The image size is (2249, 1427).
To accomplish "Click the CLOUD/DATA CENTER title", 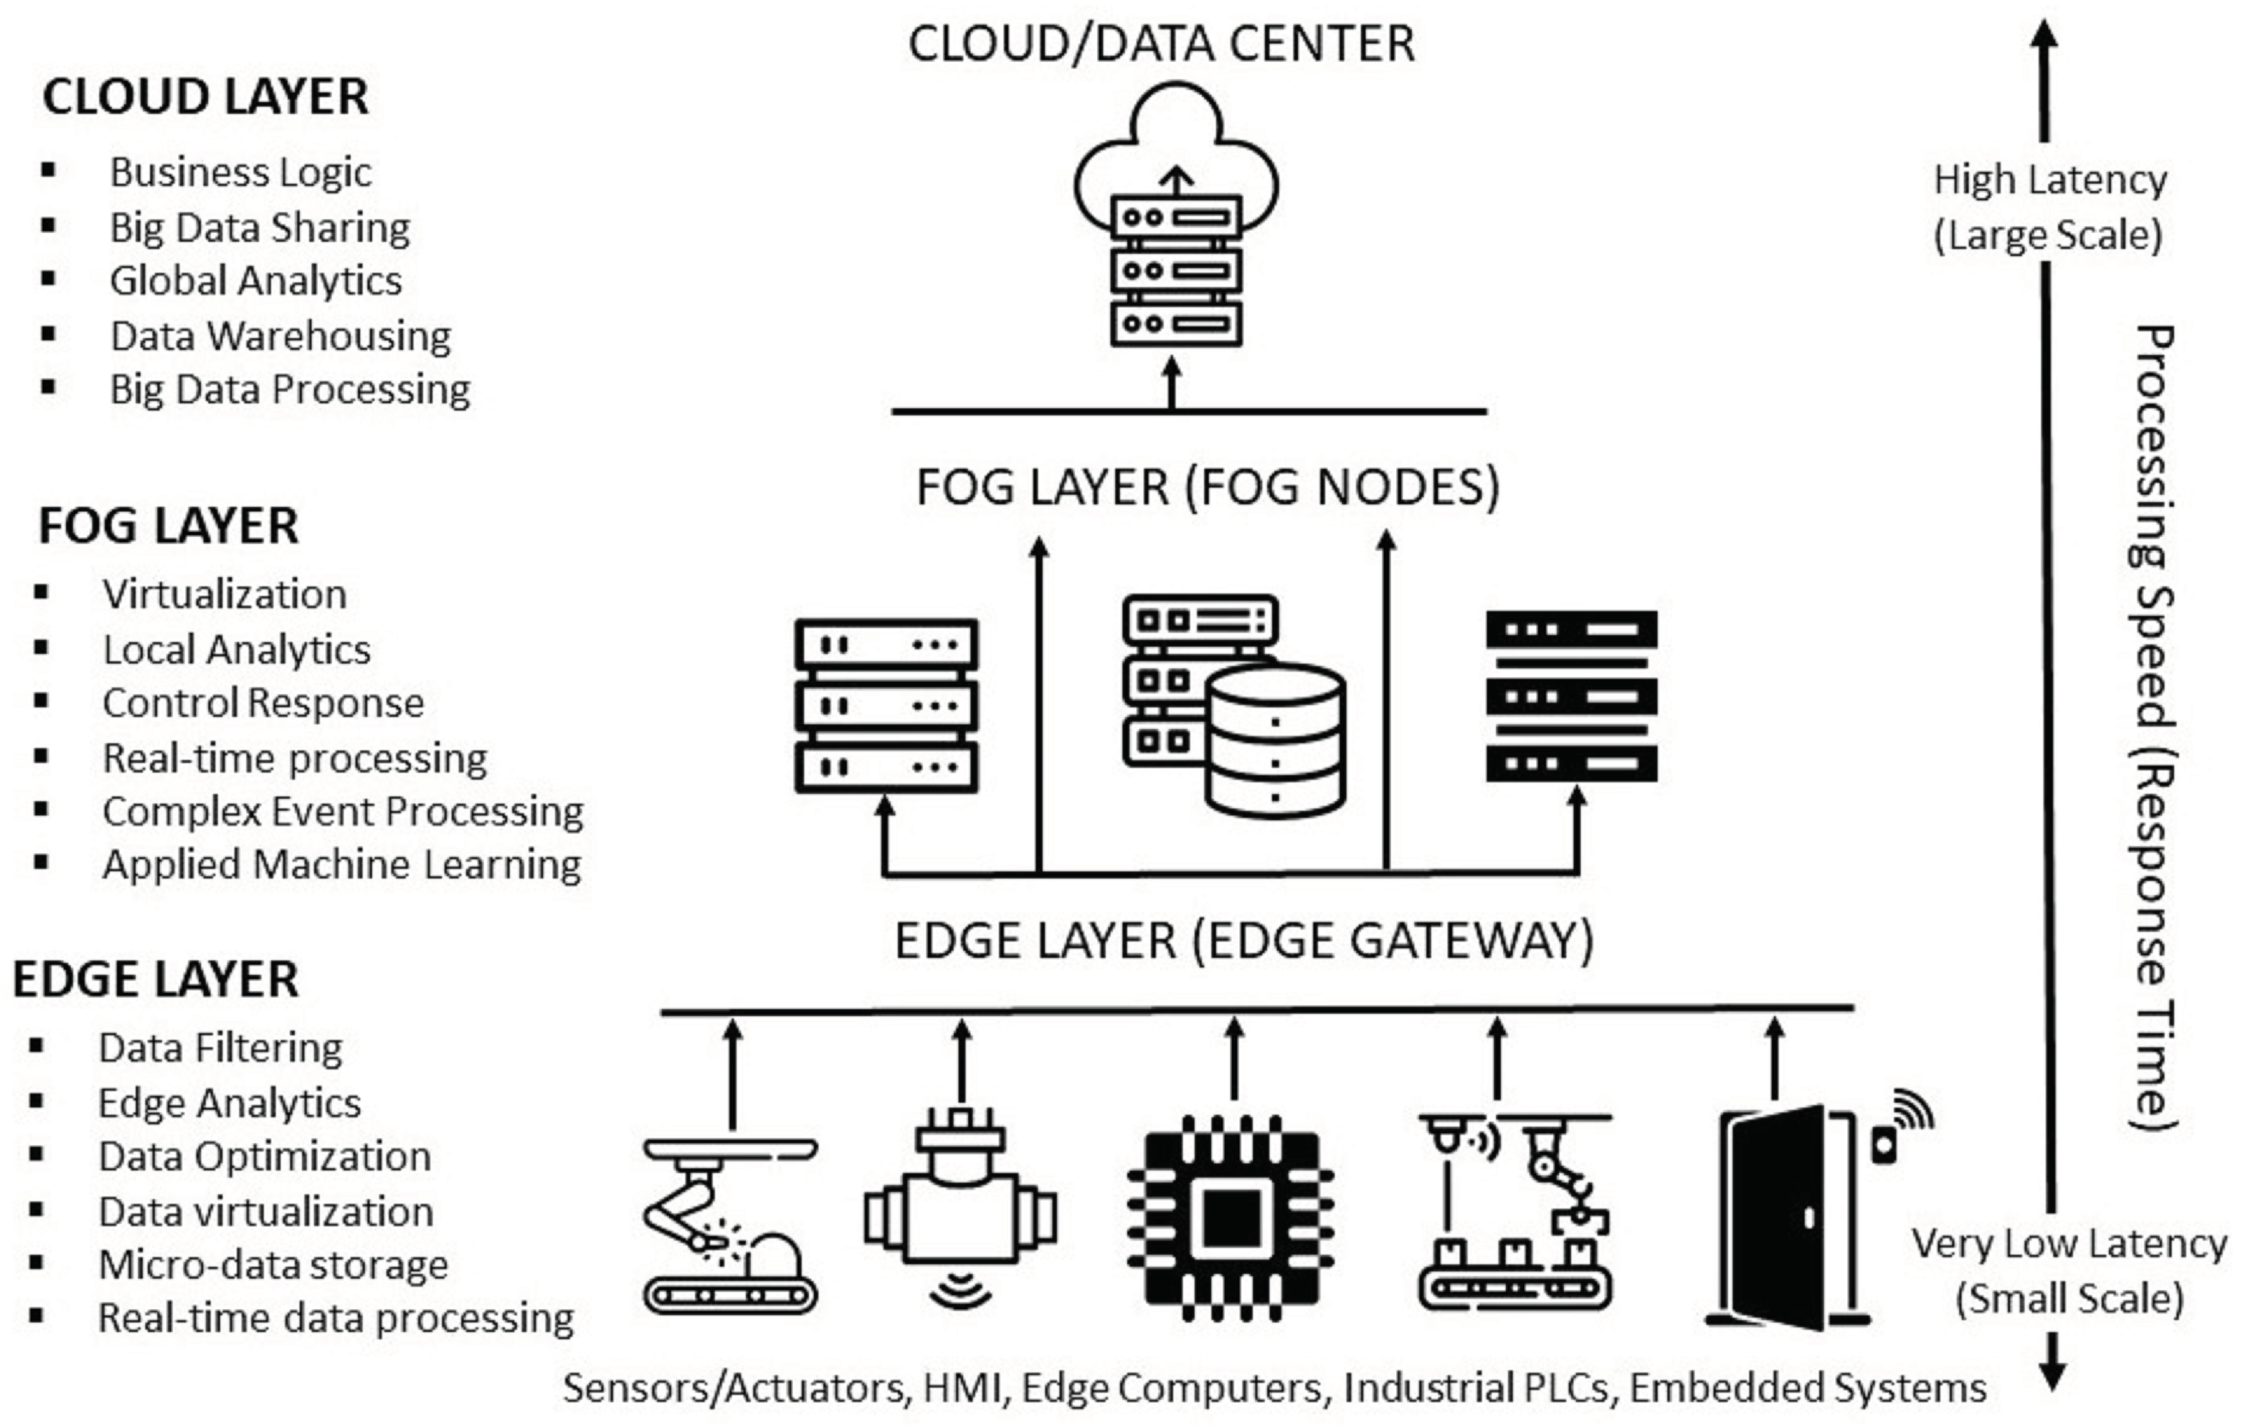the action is pos(1161,44).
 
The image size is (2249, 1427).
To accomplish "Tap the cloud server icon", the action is pos(1176,215).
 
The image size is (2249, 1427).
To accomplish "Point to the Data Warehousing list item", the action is pos(280,336).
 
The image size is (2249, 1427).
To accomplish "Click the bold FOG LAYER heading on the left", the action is pos(168,526).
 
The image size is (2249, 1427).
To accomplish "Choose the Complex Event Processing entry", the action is pos(343,812).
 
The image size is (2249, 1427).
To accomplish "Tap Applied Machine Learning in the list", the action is pos(342,865).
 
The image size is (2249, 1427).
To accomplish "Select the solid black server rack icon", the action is pos(1572,697).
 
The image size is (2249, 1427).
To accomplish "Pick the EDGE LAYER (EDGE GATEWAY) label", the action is pos(1244,941).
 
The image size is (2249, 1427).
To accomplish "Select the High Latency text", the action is pos(2050,180).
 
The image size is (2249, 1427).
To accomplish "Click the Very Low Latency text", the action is pos(2070,1244).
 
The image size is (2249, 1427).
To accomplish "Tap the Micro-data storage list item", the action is pos(273,1265).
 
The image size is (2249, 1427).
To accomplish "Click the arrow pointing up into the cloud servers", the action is pos(1172,384).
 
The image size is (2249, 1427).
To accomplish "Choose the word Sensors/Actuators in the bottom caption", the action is pos(735,1389).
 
